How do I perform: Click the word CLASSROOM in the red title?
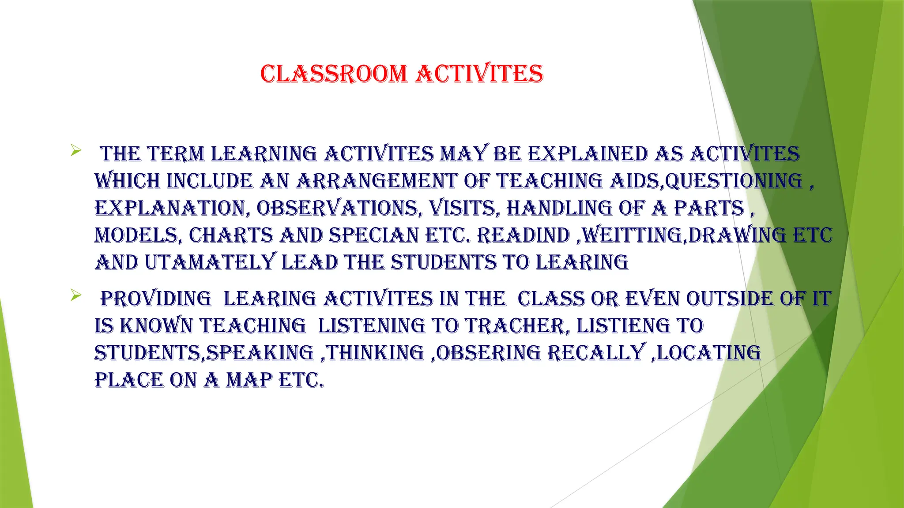[334, 74]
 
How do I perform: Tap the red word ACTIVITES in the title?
[479, 74]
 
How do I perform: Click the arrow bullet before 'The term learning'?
[75, 151]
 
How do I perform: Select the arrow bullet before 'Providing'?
[75, 296]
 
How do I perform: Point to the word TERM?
[176, 154]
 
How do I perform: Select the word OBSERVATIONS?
[337, 209]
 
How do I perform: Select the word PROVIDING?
[156, 299]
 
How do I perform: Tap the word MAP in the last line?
[249, 381]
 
